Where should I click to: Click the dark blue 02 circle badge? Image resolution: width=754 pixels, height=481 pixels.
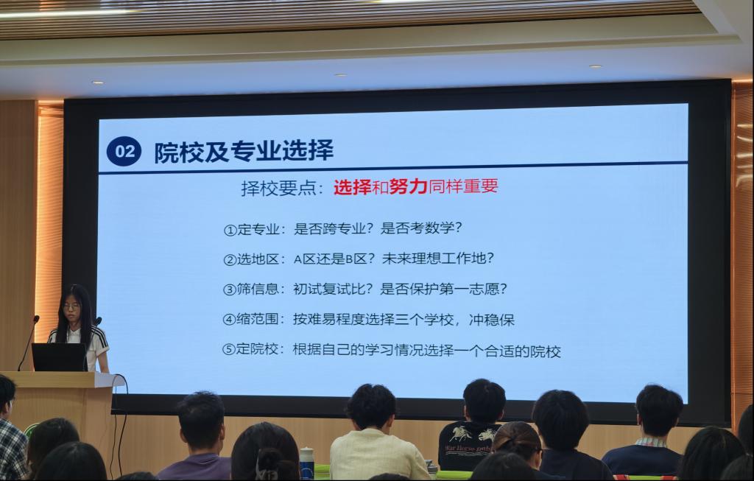tap(124, 152)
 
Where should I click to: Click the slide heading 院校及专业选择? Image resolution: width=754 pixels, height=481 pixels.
tap(244, 151)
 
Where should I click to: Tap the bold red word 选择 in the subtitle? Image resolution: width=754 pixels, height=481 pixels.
tap(353, 187)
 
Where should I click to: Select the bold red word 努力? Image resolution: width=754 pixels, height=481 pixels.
tap(408, 186)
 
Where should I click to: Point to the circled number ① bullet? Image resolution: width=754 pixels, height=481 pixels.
tap(230, 230)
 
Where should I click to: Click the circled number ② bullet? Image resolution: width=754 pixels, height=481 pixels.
tap(230, 260)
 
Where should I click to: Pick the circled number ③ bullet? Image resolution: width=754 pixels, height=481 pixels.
tap(230, 289)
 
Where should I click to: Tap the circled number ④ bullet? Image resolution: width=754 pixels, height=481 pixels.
tap(229, 320)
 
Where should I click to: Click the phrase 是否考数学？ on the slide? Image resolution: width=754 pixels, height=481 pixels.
tap(421, 228)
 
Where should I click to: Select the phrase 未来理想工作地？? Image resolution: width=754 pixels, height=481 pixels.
tap(438, 259)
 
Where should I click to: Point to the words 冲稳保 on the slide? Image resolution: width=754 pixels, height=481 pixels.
tap(492, 320)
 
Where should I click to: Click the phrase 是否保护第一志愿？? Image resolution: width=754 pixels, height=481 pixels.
tap(443, 289)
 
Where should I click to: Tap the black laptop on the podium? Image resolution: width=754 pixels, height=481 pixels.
tap(59, 357)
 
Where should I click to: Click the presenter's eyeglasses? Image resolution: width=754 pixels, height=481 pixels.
tap(71, 306)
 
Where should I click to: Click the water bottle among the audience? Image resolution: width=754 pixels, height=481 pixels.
tap(306, 463)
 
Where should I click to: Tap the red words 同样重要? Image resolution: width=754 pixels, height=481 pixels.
tap(463, 186)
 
